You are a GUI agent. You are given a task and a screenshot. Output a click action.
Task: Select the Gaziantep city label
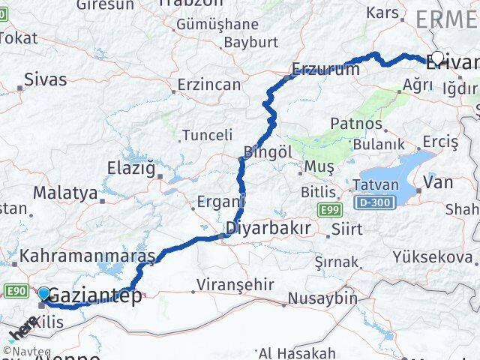95,297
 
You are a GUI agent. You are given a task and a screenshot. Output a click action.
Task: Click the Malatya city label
65,193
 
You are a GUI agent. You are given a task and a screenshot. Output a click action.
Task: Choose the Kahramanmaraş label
87,256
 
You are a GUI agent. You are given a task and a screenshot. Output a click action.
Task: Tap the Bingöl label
268,151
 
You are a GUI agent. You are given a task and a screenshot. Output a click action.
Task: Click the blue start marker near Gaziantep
44,295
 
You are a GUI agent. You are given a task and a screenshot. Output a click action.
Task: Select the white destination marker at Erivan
437,58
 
